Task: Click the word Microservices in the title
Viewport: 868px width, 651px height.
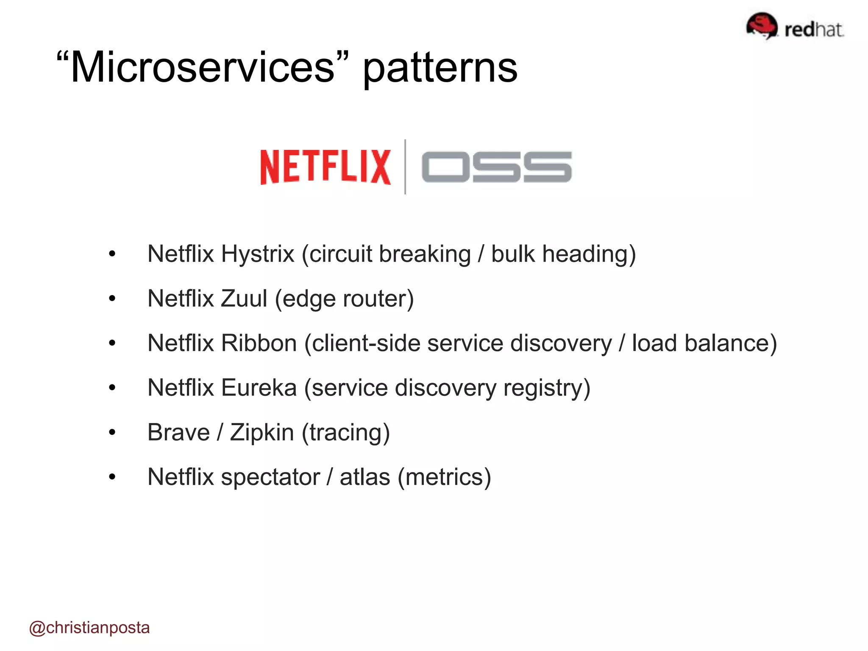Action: pyautogui.click(x=203, y=68)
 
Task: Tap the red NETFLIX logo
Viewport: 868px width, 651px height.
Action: pyautogui.click(x=325, y=167)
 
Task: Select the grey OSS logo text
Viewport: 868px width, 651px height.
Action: pyautogui.click(x=496, y=167)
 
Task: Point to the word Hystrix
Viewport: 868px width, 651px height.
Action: pyautogui.click(x=257, y=254)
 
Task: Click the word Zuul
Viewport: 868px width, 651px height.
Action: pyautogui.click(x=244, y=299)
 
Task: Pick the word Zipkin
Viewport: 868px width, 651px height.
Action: pyautogui.click(x=262, y=433)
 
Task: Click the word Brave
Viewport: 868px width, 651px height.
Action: pyautogui.click(x=178, y=433)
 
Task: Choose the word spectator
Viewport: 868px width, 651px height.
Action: pyautogui.click(x=270, y=478)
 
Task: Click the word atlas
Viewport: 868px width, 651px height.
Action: pyautogui.click(x=364, y=478)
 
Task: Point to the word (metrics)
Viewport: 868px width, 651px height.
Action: pyautogui.click(x=444, y=478)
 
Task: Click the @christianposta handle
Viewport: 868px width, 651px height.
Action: pyautogui.click(x=89, y=628)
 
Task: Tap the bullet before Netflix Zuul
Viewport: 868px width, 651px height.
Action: pyautogui.click(x=112, y=299)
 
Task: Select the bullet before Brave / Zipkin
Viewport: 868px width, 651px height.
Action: pyautogui.click(x=112, y=433)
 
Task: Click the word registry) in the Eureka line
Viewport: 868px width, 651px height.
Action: pyautogui.click(x=547, y=388)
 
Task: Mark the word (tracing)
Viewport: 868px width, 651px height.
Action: pyautogui.click(x=345, y=433)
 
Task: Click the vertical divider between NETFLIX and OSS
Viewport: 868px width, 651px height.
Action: pyautogui.click(x=405, y=167)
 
